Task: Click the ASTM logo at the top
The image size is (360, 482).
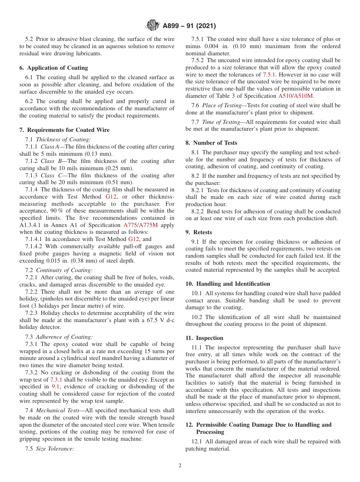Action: (x=152, y=26)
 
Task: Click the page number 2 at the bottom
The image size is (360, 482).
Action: (x=180, y=466)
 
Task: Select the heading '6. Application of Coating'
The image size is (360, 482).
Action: (x=53, y=68)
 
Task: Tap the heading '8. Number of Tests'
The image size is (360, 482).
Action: (x=211, y=143)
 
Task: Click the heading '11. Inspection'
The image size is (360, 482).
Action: (x=204, y=338)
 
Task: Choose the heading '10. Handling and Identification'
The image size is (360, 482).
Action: (x=228, y=284)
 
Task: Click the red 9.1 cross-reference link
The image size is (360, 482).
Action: (x=55, y=387)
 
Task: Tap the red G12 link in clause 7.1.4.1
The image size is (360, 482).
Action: (x=134, y=239)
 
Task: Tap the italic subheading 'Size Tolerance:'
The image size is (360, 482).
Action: (x=55, y=449)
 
